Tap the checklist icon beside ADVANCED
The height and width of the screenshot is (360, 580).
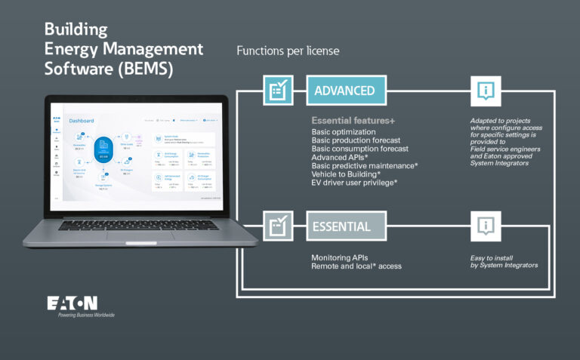click(278, 91)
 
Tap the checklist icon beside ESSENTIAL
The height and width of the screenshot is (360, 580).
click(278, 226)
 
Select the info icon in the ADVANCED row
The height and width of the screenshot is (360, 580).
click(485, 91)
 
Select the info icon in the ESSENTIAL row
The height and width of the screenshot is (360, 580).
click(485, 226)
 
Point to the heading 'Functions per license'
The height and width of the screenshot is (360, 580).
click(288, 51)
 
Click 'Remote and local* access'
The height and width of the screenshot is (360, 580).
click(356, 266)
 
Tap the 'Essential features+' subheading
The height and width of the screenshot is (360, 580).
click(353, 121)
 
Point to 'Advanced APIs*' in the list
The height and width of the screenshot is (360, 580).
click(341, 157)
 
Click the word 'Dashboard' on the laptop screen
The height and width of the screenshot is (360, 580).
click(82, 121)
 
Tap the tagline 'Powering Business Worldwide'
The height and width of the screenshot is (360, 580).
click(86, 315)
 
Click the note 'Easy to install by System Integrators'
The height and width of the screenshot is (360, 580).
click(503, 262)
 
